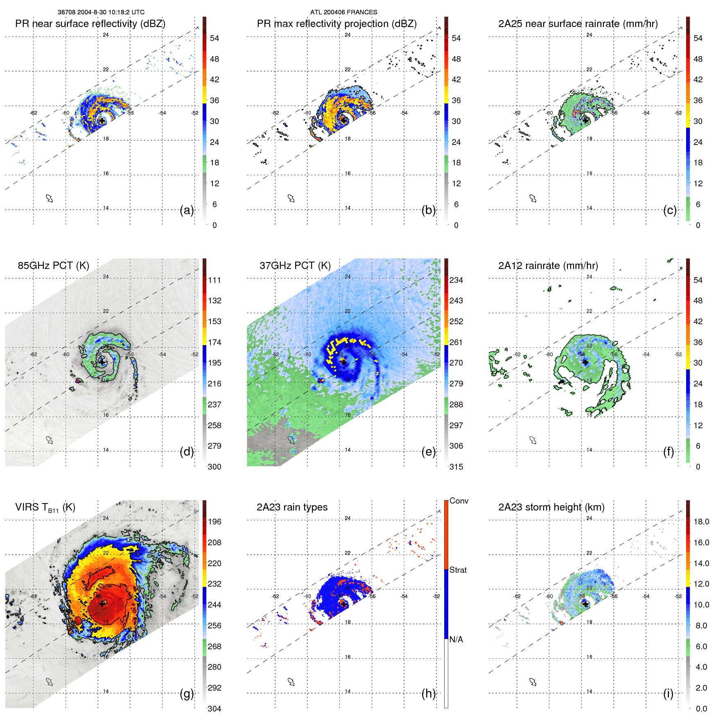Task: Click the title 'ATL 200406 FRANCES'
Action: click(343, 12)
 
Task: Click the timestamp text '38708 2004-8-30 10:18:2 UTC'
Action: click(101, 12)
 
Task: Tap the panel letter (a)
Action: click(187, 210)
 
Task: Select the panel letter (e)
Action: click(429, 452)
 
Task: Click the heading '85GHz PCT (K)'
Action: click(53, 266)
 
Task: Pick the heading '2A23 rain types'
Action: click(292, 507)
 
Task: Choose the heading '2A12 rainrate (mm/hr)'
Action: click(548, 266)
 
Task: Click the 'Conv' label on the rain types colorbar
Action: click(458, 501)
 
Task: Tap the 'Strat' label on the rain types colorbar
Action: click(458, 570)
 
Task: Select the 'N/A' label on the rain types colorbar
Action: click(456, 639)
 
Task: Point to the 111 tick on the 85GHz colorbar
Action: click(215, 280)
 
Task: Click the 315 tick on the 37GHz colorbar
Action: click(456, 467)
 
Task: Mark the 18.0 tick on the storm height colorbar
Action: click(701, 522)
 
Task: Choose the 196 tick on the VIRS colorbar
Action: click(215, 522)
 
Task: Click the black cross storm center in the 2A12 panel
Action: click(585, 362)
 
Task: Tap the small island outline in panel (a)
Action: click(50, 199)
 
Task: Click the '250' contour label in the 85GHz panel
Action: click(82, 351)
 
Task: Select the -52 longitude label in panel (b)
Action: click(436, 113)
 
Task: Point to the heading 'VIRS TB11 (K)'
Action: click(45, 508)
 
